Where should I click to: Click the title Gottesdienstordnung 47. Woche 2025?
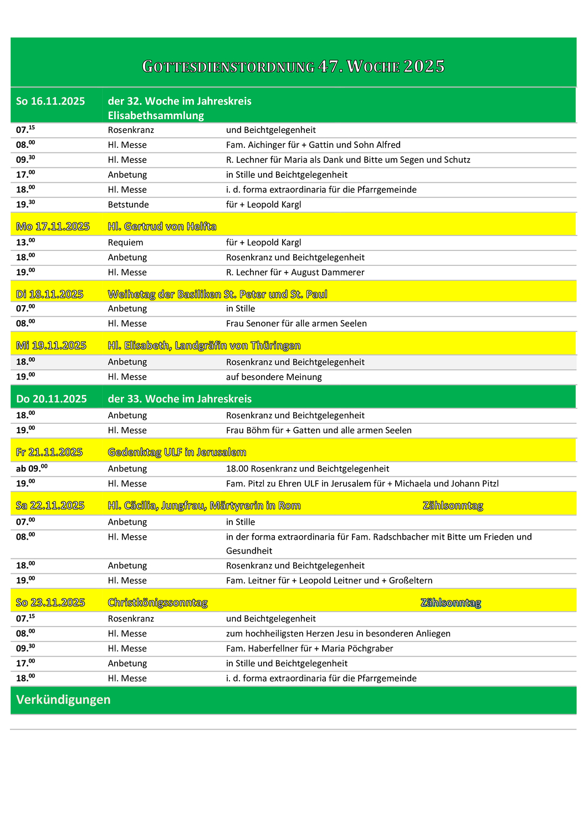(293, 66)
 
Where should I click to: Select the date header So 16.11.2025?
(50, 101)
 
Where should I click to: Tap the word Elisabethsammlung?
(156, 116)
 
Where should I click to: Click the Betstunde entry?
(128, 204)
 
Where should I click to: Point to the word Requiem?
(125, 243)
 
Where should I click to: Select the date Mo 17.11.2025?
(53, 227)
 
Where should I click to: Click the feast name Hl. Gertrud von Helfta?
(162, 227)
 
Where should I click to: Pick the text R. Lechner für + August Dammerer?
(295, 273)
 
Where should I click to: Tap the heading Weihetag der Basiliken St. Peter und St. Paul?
(217, 294)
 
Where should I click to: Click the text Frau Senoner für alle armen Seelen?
(296, 324)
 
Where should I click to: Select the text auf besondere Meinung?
(274, 377)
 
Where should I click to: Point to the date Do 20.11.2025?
(51, 399)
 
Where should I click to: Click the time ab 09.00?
(32, 469)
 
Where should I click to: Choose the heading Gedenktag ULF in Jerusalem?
(177, 453)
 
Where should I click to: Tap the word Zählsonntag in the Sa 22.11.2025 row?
(452, 506)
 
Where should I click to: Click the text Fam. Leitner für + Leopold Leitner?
(329, 581)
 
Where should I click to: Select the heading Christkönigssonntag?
(157, 603)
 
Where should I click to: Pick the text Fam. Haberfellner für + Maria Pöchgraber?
(309, 649)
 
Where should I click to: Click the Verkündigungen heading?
(63, 700)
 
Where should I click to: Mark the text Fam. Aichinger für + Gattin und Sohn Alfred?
(313, 145)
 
